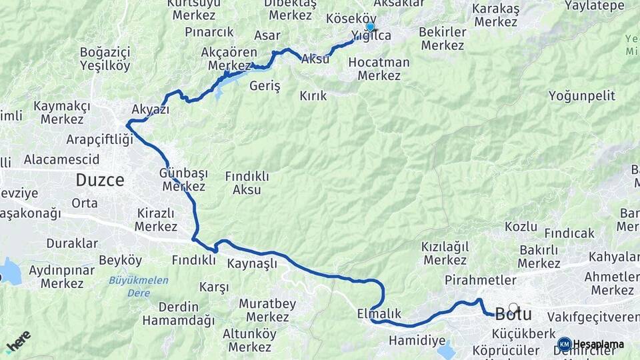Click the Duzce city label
pos(100,180)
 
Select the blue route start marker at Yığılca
pos(370,27)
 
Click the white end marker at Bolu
pos(513,308)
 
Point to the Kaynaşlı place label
pos(252,263)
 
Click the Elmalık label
pos(379,313)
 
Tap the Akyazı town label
pos(151,109)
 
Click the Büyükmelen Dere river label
pos(139,285)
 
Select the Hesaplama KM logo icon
pos(565,344)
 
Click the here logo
pos(18,341)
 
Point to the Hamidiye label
pos(417,341)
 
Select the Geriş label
pos(265,87)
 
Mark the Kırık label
pos(313,96)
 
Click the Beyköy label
pos(120,260)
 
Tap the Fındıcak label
pos(569,233)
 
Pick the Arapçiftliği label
pos(99,139)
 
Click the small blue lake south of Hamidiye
pos(446,351)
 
